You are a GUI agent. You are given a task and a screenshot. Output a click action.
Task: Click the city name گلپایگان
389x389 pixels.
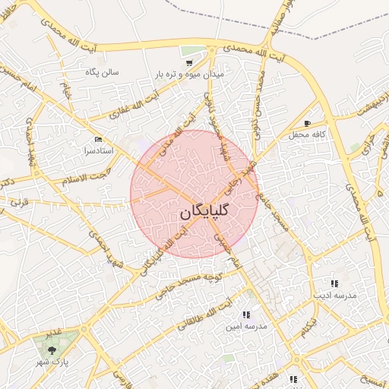click(206, 213)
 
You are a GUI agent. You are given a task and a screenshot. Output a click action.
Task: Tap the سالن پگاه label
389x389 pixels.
click(101, 72)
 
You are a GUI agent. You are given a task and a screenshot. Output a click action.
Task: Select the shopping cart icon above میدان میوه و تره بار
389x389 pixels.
click(188, 62)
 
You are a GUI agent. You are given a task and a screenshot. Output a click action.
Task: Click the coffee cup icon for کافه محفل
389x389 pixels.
click(307, 123)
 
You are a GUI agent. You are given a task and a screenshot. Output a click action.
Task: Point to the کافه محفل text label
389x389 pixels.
click(307, 134)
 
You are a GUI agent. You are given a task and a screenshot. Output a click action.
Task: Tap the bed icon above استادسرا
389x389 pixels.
click(97, 140)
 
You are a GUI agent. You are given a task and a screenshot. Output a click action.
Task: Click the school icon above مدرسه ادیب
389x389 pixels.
click(334, 283)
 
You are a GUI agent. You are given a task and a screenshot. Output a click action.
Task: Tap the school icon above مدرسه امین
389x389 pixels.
click(245, 315)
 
